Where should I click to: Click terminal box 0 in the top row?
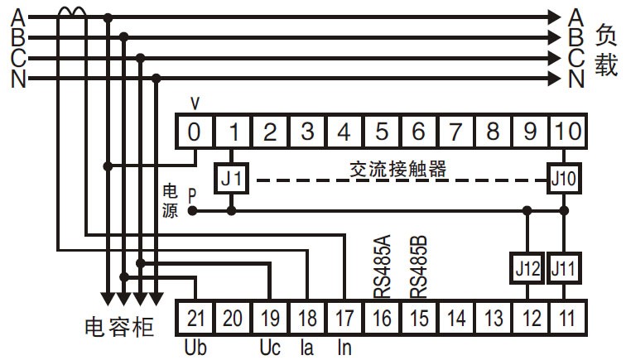coord(194,132)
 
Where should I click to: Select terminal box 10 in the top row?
coord(568,132)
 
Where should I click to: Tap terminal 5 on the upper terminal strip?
coord(381,132)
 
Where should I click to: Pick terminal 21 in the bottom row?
coord(195,318)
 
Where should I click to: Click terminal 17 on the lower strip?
coord(344,318)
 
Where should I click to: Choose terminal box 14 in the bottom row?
coord(456,318)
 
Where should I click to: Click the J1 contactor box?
coord(232,179)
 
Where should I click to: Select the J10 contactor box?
coord(564,179)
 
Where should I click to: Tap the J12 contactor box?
coord(527,268)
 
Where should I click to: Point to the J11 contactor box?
coord(564,268)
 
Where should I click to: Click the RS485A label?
coord(382,266)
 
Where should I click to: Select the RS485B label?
coord(419,266)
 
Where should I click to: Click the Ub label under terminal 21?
coord(195,348)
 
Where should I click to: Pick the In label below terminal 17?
coord(344,348)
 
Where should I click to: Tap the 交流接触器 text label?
coord(397,169)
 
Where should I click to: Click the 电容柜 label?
coord(119,327)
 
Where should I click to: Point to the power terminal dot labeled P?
coord(192,211)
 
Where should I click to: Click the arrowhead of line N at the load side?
coord(555,79)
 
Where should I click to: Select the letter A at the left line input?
coord(18,17)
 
